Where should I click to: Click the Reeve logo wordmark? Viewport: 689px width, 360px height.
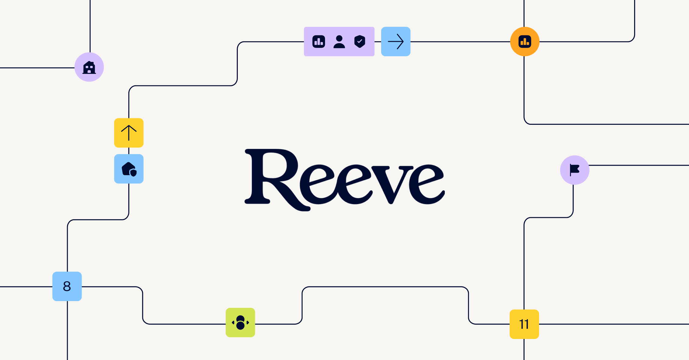344,180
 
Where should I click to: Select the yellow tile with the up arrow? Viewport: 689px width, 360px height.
129,133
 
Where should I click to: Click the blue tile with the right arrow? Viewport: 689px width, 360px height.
396,41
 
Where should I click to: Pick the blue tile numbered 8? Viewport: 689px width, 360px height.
67,286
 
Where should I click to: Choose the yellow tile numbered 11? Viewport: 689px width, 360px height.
524,324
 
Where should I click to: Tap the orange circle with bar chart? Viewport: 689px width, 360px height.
525,41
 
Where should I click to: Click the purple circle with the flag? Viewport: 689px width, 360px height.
575,170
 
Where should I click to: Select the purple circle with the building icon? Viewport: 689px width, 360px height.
89,67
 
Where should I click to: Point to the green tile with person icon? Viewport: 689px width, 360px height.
240,322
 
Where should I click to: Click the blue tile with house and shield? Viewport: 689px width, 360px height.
129,169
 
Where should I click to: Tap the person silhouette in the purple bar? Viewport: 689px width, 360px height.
339,42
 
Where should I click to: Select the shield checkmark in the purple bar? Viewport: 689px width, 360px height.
360,41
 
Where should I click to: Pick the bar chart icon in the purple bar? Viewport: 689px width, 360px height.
319,41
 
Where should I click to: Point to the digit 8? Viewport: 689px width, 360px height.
67,286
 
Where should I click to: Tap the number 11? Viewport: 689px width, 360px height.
524,324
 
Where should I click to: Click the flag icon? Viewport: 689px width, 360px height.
574,170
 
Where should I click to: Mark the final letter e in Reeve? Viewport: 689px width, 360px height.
427,185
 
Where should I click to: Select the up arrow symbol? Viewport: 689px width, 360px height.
129,133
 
